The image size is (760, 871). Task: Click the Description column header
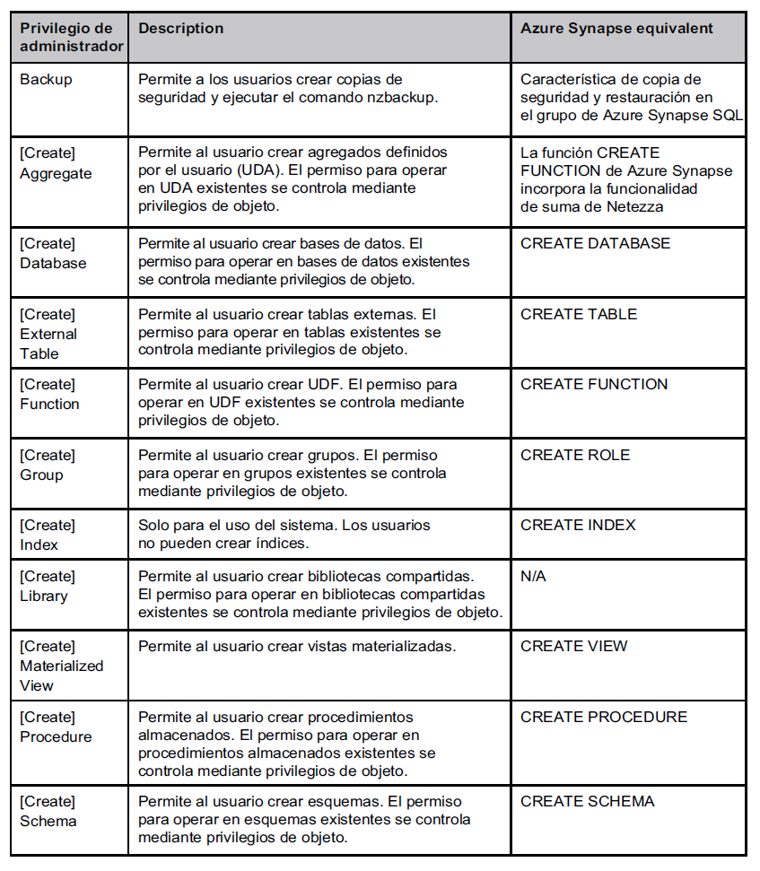coord(181,29)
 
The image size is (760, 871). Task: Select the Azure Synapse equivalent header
coord(616,29)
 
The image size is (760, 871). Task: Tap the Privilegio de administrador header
coord(72,38)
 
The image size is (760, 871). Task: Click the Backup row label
coord(47,79)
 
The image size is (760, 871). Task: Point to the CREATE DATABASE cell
coord(595,244)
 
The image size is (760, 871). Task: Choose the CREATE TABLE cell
coord(579,314)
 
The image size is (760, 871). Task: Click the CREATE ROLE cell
coord(575,455)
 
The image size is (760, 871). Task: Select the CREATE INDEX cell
coord(578,525)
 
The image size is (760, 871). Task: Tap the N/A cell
coord(533,576)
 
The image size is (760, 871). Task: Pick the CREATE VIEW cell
coord(574,646)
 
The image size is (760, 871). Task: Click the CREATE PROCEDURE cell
coord(604,717)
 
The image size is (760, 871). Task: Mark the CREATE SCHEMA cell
coord(588,801)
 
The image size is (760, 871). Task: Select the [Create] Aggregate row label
coord(56,163)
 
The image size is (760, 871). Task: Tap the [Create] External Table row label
coord(48,334)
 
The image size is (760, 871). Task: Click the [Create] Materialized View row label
coord(61,666)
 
